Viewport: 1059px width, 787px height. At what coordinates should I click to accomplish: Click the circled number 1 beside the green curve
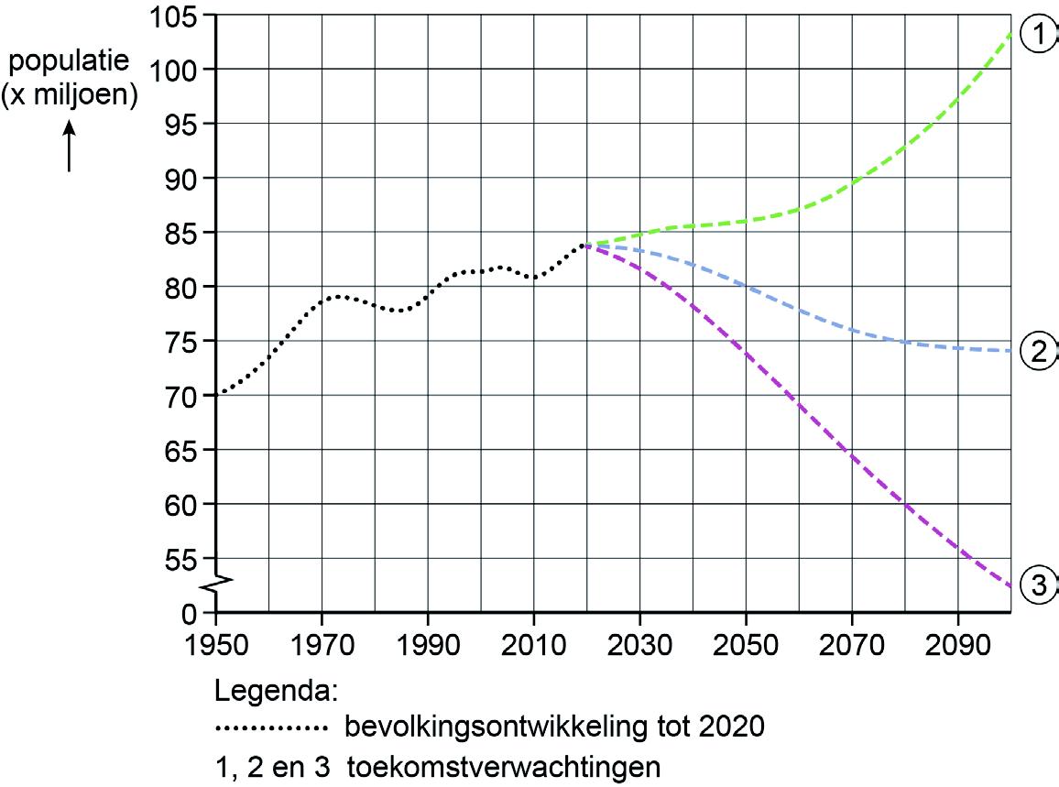pos(1040,35)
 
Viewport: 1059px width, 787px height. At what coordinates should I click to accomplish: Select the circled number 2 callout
pos(1040,352)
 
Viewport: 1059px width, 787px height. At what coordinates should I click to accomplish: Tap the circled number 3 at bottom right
pos(1040,585)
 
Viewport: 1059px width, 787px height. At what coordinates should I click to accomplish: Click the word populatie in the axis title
pos(69,63)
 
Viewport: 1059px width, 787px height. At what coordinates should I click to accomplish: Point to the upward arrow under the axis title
pos(69,148)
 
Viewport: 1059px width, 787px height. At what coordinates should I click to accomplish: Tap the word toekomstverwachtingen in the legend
pos(503,766)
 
